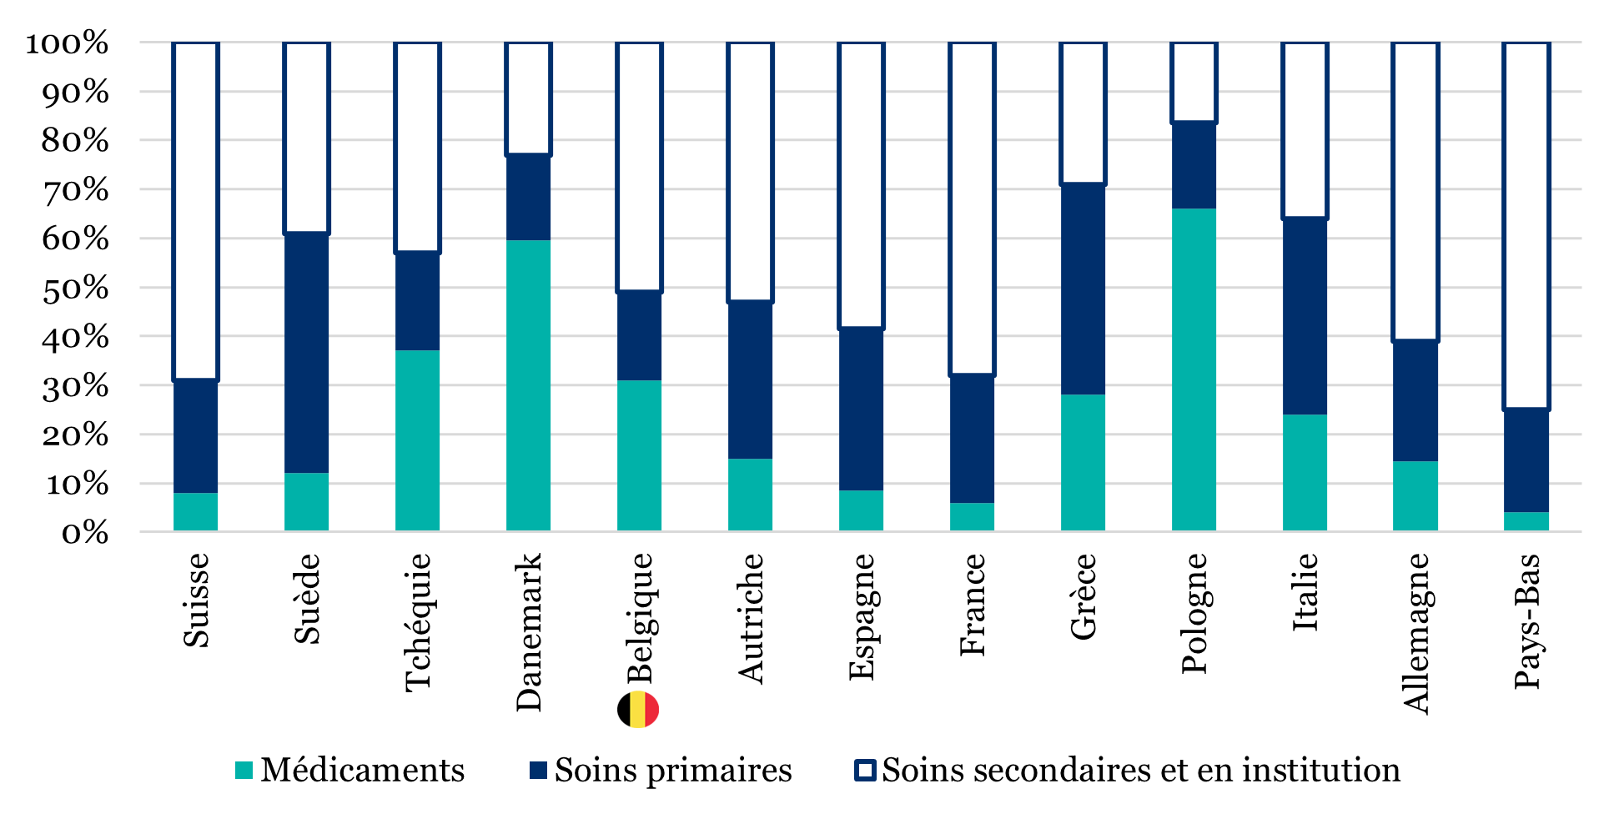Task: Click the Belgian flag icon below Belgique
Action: tap(638, 710)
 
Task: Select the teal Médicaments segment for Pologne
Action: tap(1194, 369)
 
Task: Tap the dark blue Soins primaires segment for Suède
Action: tap(306, 353)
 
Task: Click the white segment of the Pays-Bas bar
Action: tap(1526, 225)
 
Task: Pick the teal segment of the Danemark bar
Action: tap(528, 385)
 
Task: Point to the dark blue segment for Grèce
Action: tap(1083, 289)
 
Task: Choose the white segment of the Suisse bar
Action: tap(195, 210)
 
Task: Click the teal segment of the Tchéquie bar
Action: tap(417, 440)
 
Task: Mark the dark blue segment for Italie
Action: tap(1305, 316)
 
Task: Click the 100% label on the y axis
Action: tap(67, 43)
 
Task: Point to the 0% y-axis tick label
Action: tap(84, 533)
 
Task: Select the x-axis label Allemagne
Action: tap(1415, 633)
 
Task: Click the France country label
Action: tap(972, 605)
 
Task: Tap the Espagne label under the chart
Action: tap(861, 616)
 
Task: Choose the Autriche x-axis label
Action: tap(751, 618)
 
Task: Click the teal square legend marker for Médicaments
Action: tap(244, 771)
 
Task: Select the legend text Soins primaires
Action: tap(672, 770)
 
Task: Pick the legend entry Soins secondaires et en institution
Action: tap(1140, 770)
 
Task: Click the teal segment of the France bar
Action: tap(972, 516)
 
